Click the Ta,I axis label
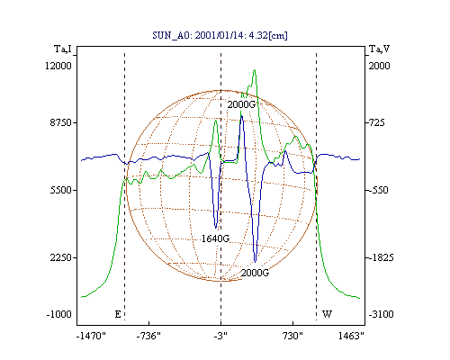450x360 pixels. (63, 49)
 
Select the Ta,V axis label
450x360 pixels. (379, 49)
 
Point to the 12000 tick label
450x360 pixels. (58, 66)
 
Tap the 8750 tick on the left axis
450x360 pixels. (60, 122)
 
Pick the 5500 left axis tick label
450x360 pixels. (60, 190)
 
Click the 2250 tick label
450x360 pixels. (60, 257)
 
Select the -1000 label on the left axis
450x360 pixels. (58, 314)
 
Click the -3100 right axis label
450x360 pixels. (381, 314)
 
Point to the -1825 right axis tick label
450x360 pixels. (381, 257)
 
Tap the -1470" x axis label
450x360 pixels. (91, 336)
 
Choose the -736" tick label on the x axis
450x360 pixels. (148, 336)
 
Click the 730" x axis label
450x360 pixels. (292, 336)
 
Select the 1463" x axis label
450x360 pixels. (351, 336)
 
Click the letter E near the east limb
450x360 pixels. (118, 314)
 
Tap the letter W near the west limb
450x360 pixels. (327, 314)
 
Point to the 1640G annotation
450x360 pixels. (215, 238)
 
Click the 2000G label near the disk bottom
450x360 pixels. (255, 273)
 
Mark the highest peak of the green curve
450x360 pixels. (255, 70)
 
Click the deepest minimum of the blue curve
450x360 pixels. (255, 262)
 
